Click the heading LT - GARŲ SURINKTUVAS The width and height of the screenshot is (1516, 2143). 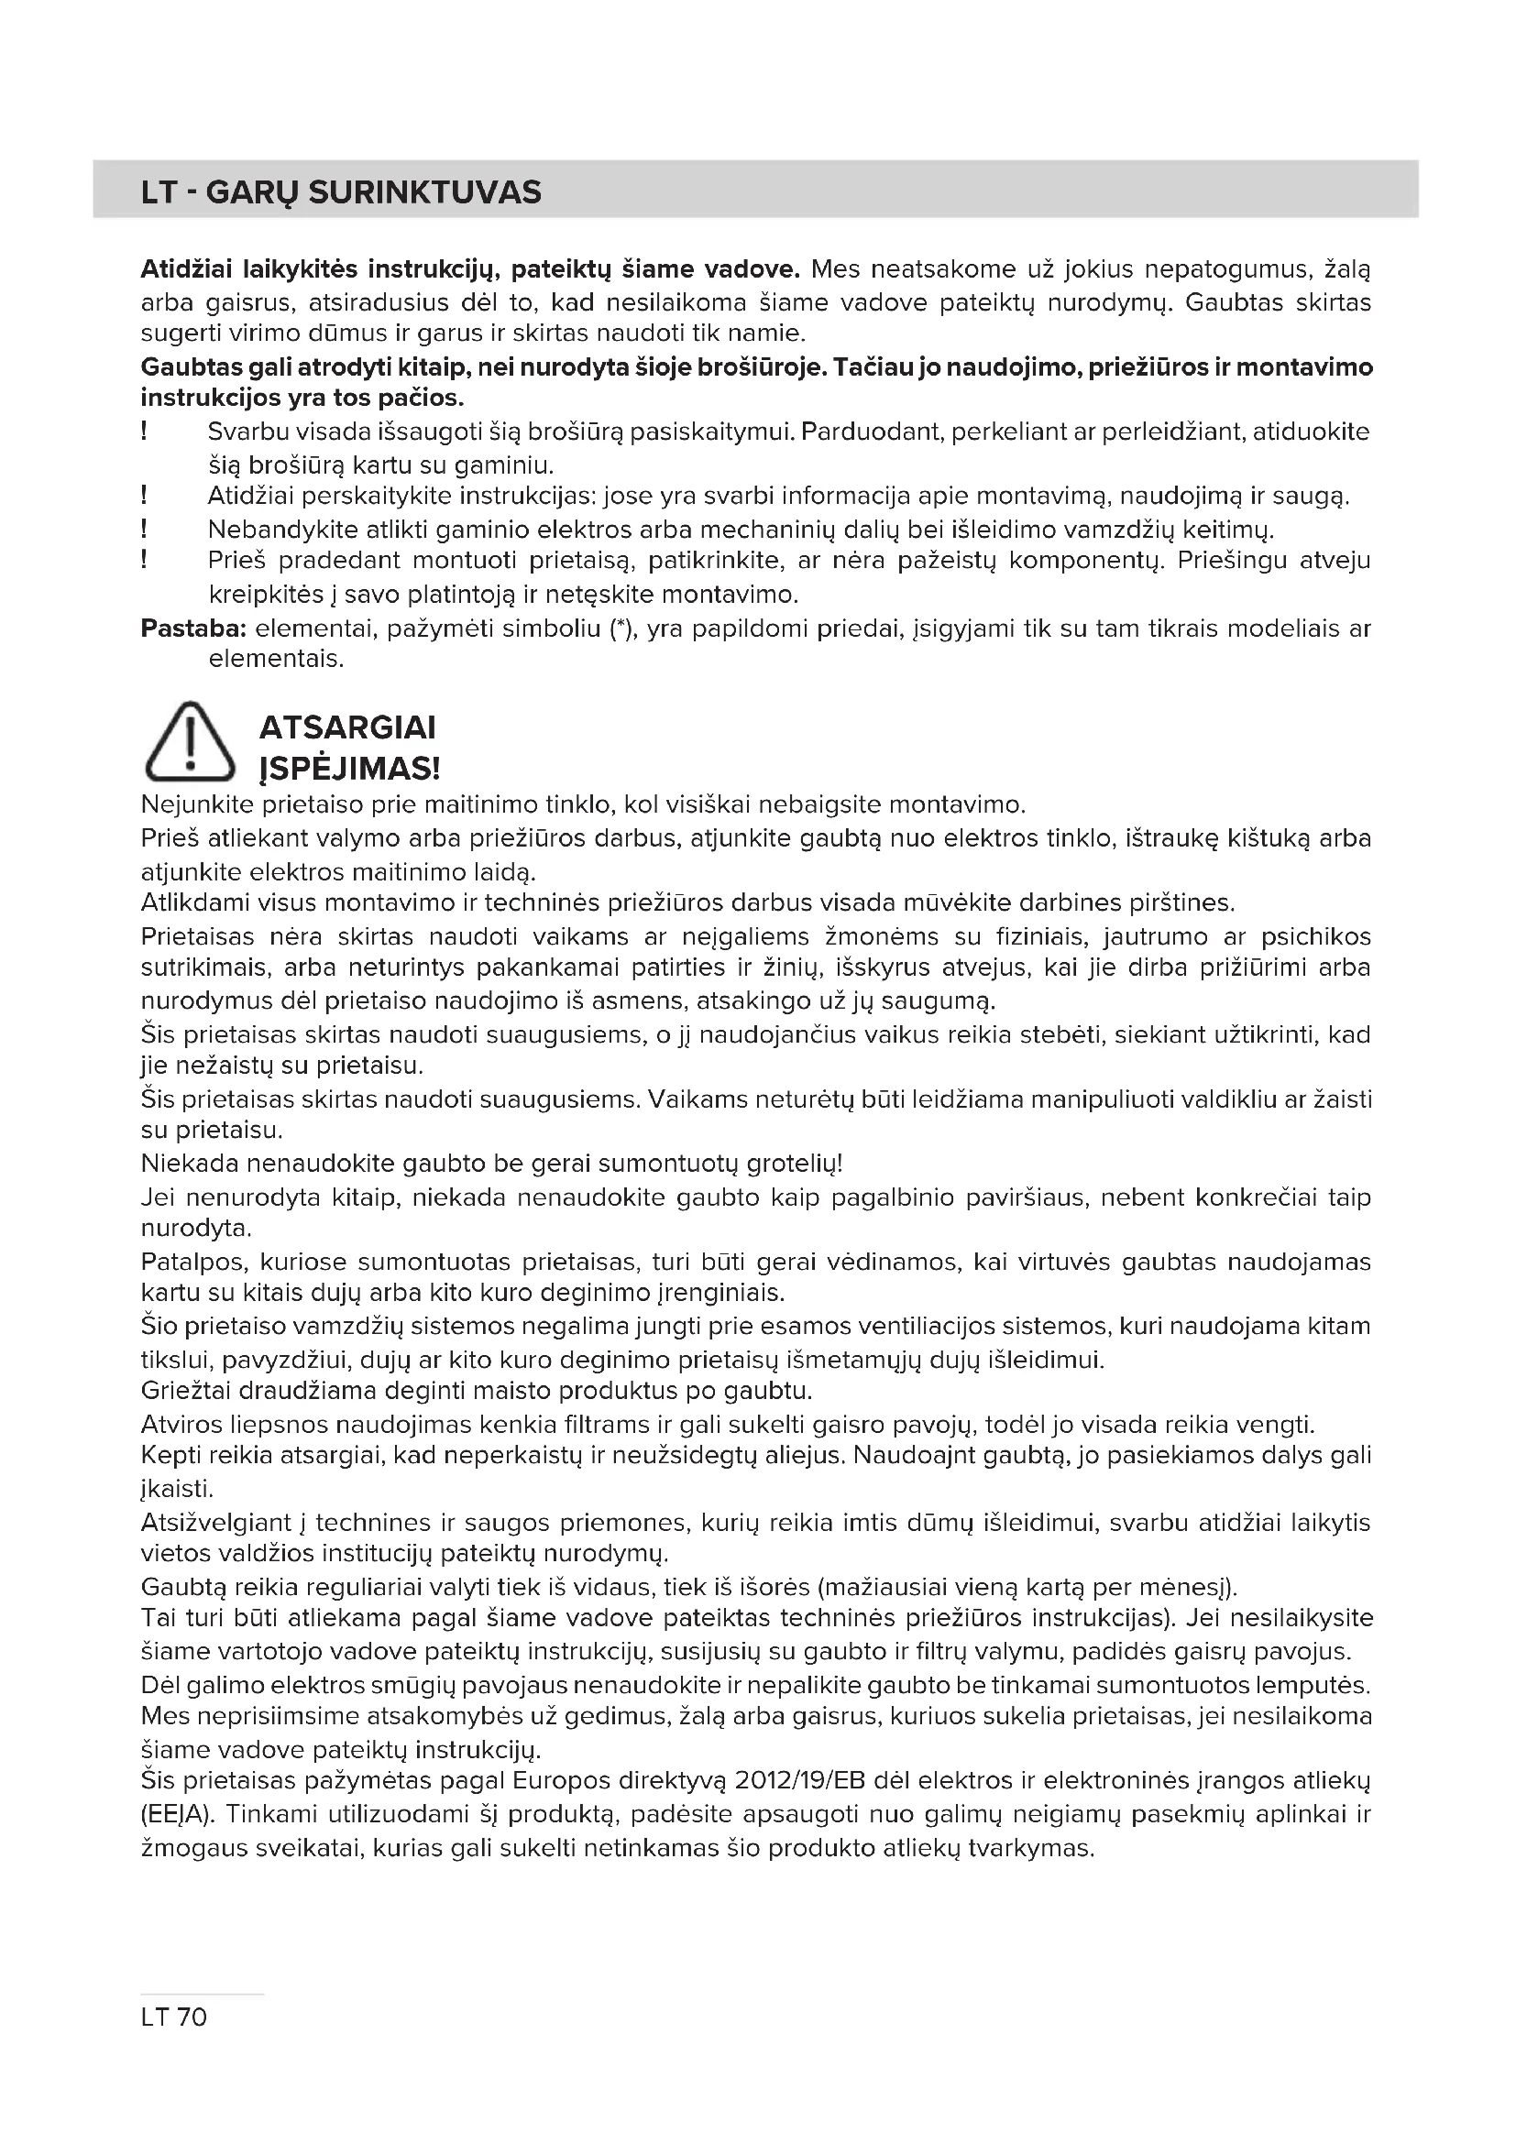[341, 192]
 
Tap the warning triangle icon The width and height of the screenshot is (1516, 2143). [190, 743]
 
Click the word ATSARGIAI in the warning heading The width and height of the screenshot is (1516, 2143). [347, 727]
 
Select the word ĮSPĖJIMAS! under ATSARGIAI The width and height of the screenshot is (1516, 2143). [349, 769]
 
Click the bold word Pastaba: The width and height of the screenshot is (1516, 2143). [193, 629]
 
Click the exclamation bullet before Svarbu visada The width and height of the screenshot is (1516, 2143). [145, 432]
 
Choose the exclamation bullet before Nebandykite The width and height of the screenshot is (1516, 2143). [145, 530]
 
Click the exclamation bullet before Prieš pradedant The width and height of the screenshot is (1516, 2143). [145, 560]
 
